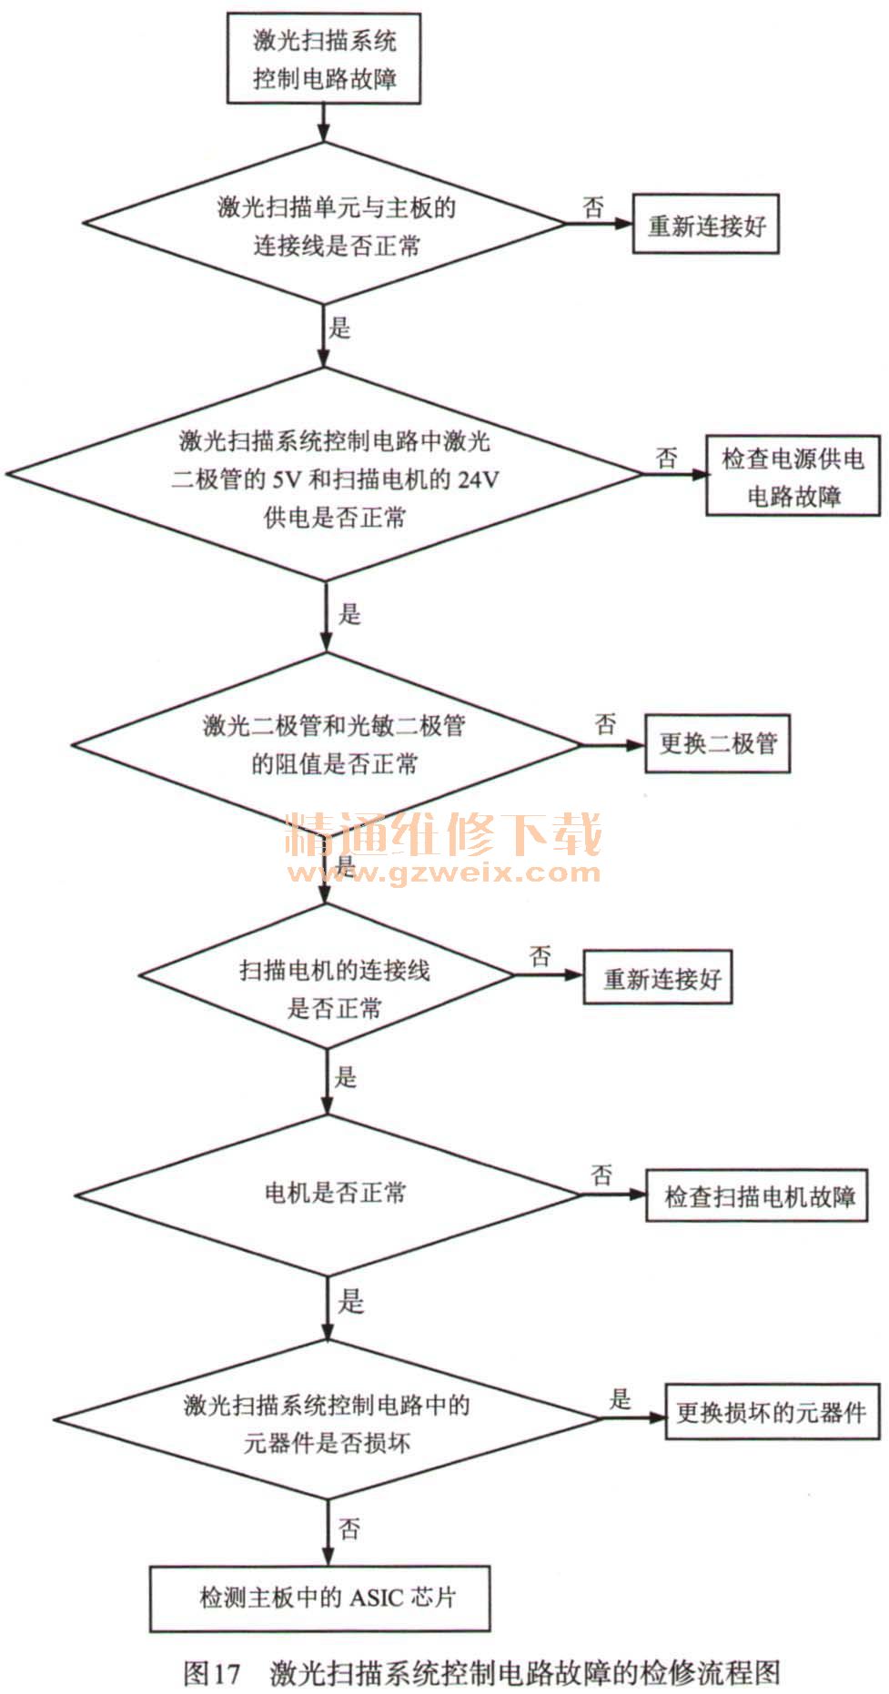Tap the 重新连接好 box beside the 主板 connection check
706,225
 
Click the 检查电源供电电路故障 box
793,477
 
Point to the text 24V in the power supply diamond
478,479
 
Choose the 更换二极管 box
717,743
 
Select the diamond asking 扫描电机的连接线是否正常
327,975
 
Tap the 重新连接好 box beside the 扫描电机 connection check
657,978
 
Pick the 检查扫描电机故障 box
756,1195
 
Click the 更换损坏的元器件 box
769,1412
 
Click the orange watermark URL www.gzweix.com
444,873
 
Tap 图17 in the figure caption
211,1671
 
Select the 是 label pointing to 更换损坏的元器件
621,1398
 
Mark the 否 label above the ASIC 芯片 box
349,1528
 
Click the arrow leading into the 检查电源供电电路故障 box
675,474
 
